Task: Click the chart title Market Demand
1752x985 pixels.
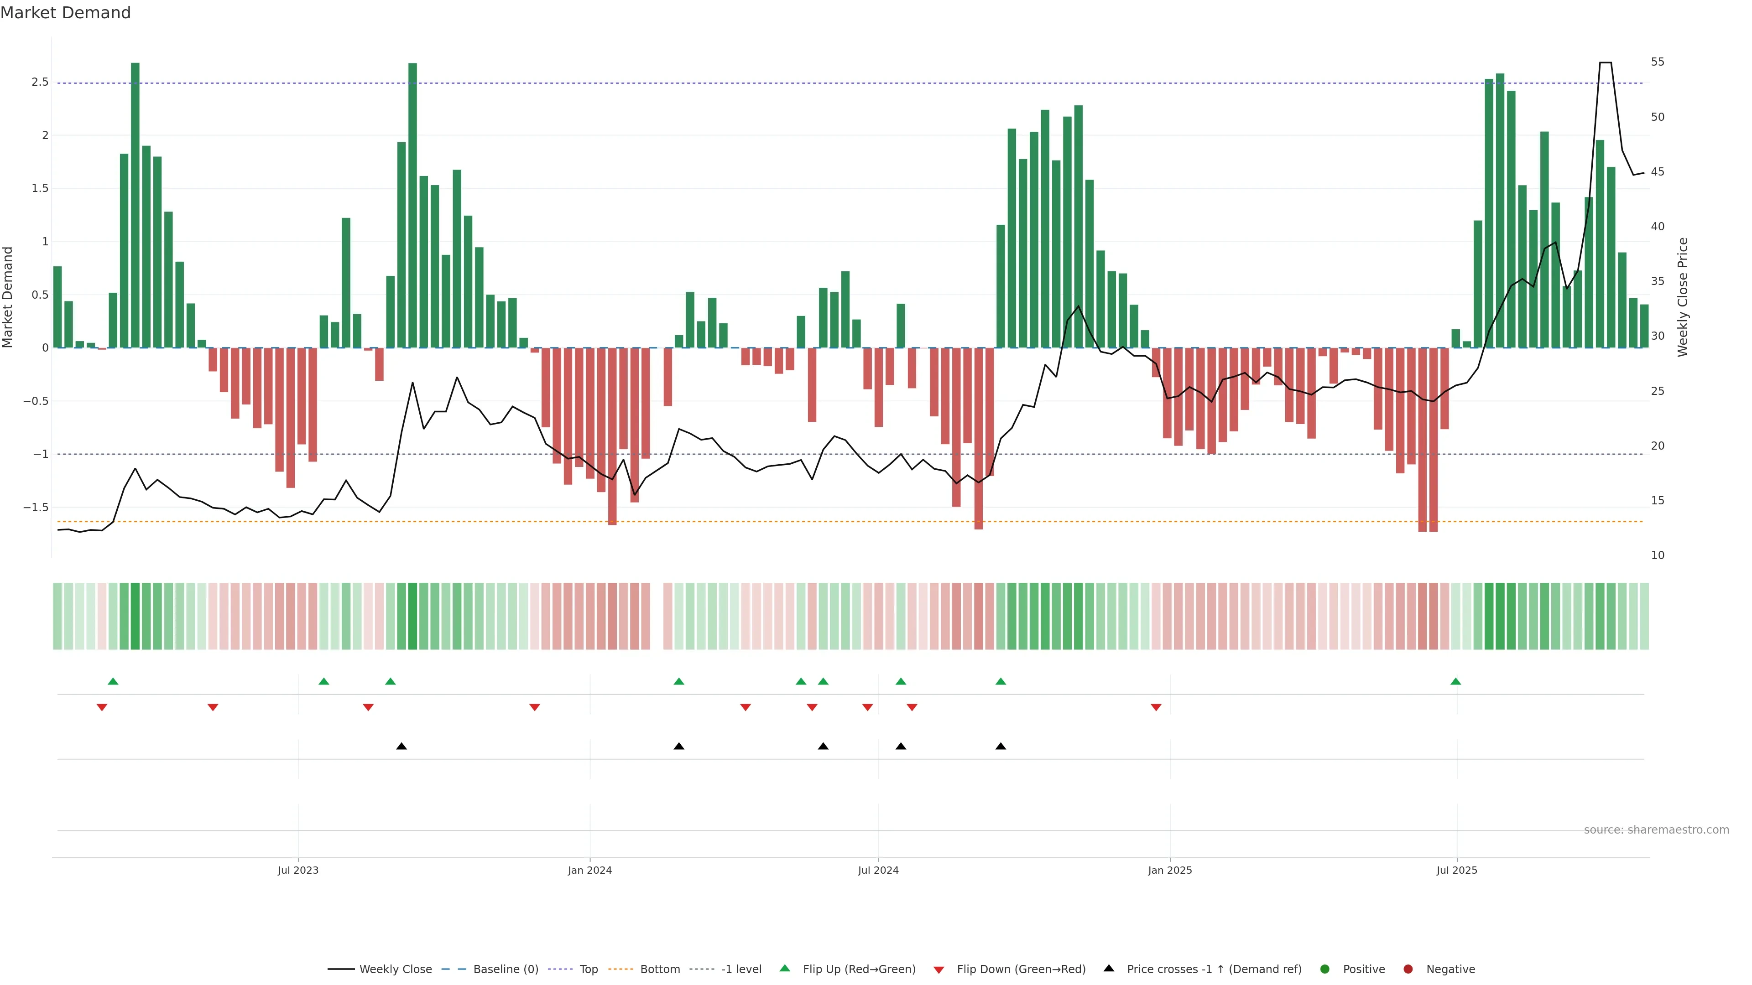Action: (65, 13)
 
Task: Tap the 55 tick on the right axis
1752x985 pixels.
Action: (1658, 62)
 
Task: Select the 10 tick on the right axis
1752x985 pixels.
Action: (1658, 555)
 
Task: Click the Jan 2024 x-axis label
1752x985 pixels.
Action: (589, 870)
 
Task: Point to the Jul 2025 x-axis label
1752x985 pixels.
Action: (1457, 870)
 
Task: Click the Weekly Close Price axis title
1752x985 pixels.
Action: (1683, 297)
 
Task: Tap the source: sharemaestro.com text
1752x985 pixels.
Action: (1656, 830)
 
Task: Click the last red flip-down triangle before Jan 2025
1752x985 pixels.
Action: (1156, 708)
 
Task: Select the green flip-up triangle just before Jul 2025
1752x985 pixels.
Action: (1455, 681)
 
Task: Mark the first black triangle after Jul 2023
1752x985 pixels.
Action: (401, 747)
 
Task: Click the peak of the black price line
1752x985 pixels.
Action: (1605, 62)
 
